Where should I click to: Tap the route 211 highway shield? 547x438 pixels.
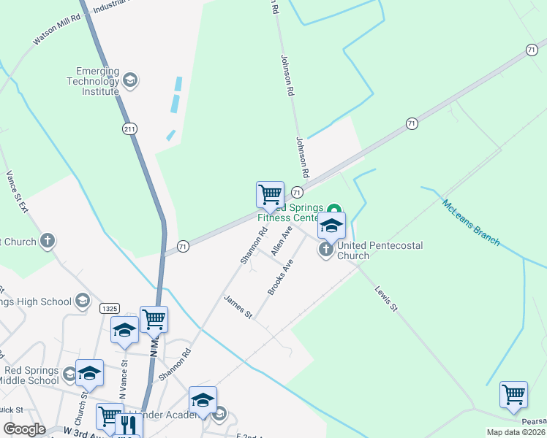click(x=129, y=128)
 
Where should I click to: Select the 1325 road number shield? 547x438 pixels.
click(x=110, y=309)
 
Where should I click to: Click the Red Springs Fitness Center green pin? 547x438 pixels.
click(x=336, y=208)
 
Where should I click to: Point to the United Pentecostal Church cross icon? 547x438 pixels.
click(x=325, y=250)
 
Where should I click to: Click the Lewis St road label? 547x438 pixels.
click(x=385, y=299)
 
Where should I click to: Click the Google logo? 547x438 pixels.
click(x=24, y=429)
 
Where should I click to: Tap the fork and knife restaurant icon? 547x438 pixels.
click(x=129, y=424)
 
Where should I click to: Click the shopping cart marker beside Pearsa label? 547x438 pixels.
click(x=513, y=394)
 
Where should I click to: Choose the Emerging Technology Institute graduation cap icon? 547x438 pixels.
click(x=130, y=80)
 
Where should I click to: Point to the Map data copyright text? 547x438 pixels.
click(x=516, y=432)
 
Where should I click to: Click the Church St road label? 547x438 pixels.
click(x=85, y=400)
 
